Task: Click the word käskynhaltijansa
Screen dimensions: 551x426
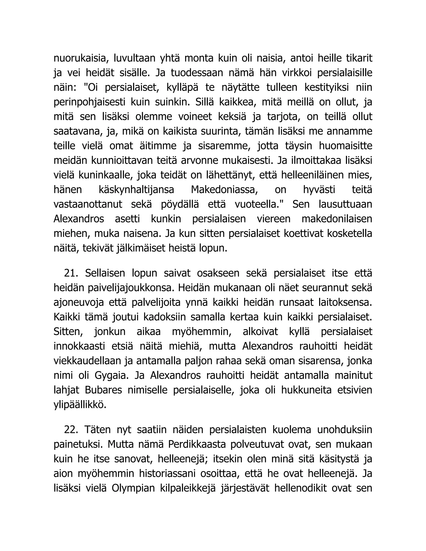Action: pos(136,189)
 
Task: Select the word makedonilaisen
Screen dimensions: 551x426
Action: pos(337,219)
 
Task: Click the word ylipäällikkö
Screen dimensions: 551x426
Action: pos(80,405)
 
